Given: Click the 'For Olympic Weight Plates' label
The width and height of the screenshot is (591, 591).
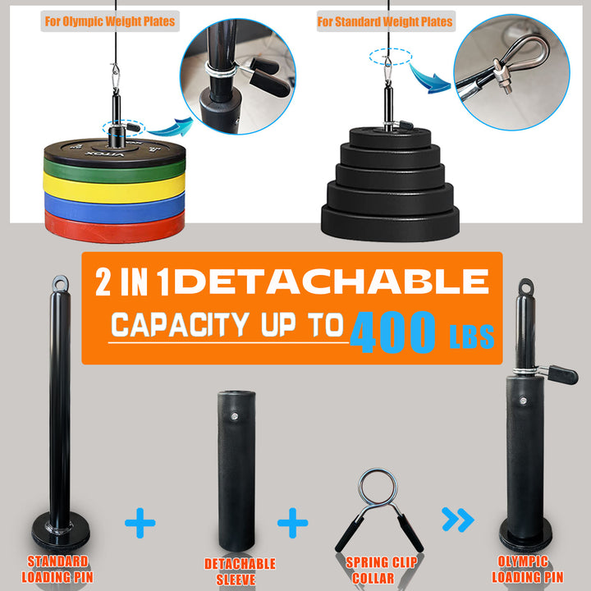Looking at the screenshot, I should click(109, 21).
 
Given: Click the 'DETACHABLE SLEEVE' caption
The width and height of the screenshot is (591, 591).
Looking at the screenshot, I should click(240, 571).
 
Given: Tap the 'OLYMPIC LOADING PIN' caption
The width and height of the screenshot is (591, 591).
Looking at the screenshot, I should click(529, 570).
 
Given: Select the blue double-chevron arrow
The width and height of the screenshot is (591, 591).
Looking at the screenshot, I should click(457, 519).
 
